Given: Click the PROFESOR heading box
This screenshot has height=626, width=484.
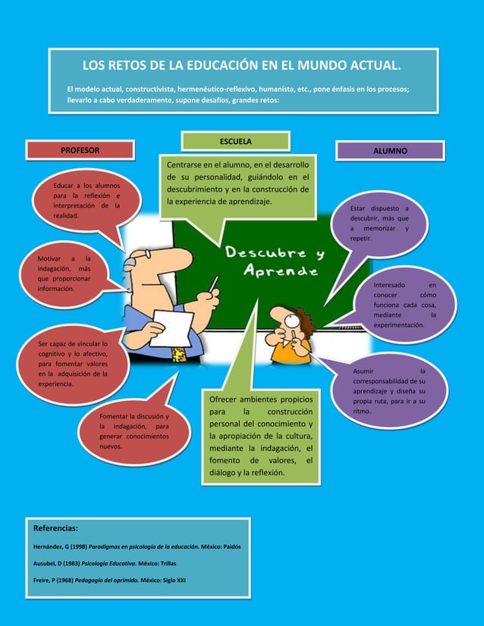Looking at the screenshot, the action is tap(80, 150).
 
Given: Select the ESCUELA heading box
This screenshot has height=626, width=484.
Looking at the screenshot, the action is tap(236, 141).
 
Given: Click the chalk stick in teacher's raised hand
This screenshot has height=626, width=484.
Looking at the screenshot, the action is tap(214, 285).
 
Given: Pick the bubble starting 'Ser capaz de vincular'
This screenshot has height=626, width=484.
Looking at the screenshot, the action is tap(74, 364).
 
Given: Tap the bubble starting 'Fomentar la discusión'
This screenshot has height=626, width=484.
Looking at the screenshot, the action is tap(134, 431).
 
